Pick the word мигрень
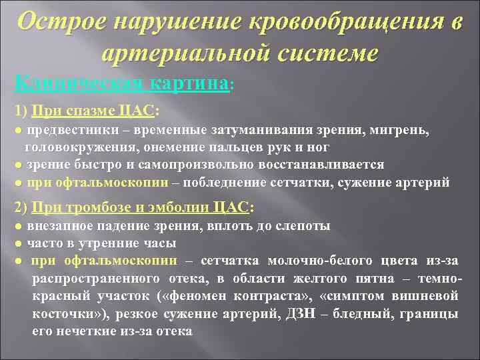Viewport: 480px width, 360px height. [x=405, y=131]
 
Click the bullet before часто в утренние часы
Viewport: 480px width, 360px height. [x=19, y=243]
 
